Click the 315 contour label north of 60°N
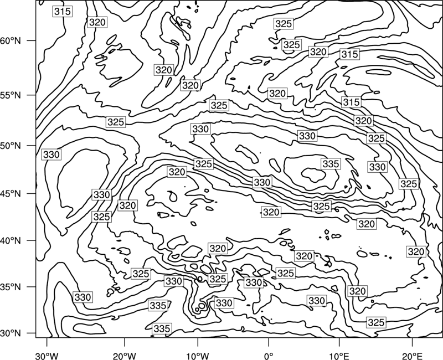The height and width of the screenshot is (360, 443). [63, 12]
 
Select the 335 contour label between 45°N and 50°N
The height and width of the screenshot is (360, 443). [331, 163]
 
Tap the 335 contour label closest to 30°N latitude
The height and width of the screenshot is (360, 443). [162, 328]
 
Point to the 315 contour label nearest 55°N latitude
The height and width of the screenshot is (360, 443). [351, 102]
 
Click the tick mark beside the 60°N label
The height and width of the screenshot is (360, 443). [32, 40]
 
